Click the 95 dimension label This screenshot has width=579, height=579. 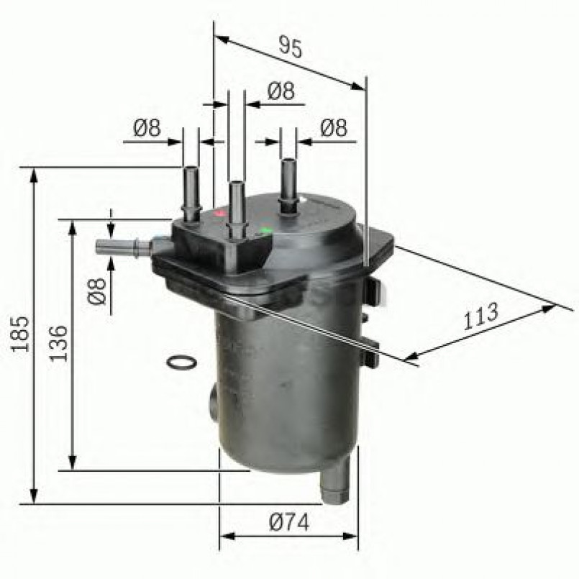click(290, 47)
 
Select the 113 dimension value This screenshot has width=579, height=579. click(480, 316)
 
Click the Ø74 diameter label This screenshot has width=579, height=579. click(288, 523)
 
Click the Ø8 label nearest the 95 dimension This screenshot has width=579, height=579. click(281, 91)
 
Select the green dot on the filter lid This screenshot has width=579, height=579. click(266, 231)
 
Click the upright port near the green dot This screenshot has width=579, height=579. click(288, 184)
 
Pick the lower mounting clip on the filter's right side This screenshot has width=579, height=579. click(371, 352)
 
